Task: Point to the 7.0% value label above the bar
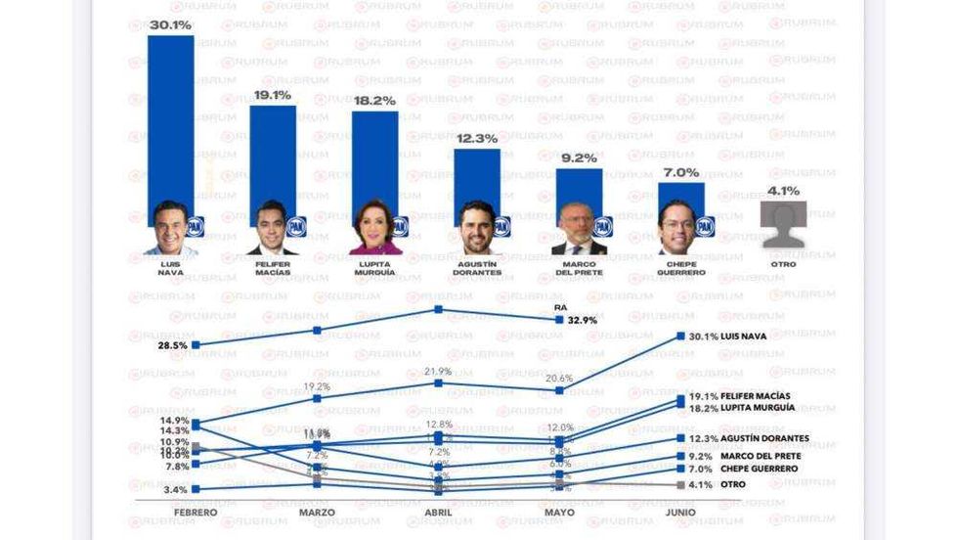[x=680, y=172]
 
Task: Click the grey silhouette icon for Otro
[x=784, y=224]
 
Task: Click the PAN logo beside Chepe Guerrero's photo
[x=705, y=227]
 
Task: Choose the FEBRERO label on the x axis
[x=196, y=513]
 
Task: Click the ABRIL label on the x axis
[x=439, y=513]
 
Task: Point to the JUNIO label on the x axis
[x=680, y=513]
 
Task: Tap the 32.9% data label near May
[x=582, y=320]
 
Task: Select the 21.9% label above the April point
[x=439, y=372]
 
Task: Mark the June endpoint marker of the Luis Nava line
[x=680, y=337]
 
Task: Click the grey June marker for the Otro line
[x=680, y=485]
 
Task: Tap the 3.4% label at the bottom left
[x=175, y=489]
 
